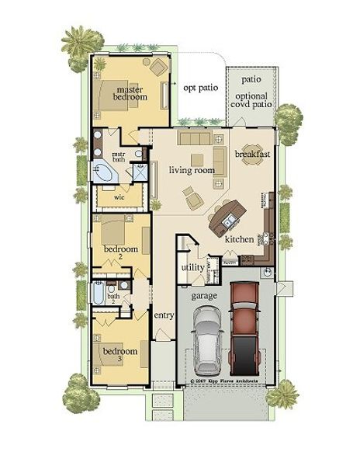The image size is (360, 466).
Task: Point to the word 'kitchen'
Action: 239,239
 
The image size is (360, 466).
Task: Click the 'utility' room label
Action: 192,267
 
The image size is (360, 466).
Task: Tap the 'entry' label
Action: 164,315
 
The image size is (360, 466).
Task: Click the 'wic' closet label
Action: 119,197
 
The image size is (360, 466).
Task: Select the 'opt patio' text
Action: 200,87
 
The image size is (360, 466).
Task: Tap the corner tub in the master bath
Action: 105,173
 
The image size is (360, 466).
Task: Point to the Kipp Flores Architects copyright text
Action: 226,383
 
